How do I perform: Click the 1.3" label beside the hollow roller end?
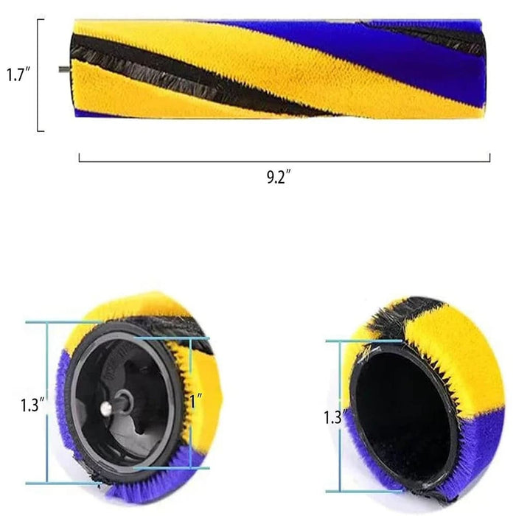pos(334,416)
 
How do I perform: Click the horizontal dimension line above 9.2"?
pos(285,160)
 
